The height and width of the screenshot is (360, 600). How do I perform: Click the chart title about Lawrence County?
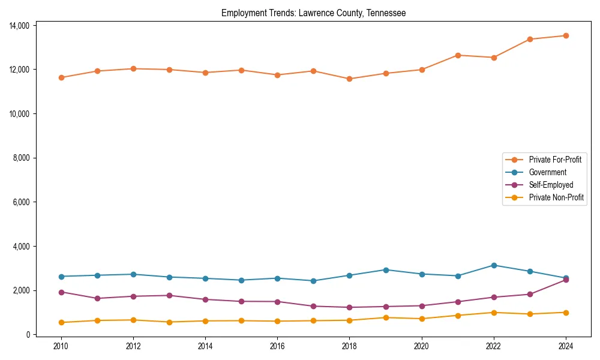click(x=313, y=13)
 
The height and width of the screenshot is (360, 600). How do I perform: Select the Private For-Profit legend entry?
click(x=554, y=160)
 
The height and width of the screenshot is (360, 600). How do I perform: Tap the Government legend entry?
click(x=547, y=172)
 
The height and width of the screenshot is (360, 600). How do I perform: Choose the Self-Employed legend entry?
click(x=551, y=185)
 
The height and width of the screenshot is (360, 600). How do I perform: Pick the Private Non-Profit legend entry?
click(x=556, y=197)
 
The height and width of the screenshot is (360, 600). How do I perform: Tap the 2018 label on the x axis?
click(x=349, y=346)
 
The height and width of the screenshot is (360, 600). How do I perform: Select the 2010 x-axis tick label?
click(x=61, y=346)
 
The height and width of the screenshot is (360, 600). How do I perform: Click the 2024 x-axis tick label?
click(x=566, y=346)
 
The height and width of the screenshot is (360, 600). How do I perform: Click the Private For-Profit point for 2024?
click(x=566, y=35)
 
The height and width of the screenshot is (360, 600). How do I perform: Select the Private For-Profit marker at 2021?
click(x=458, y=55)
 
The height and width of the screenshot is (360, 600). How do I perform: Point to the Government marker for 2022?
click(x=494, y=265)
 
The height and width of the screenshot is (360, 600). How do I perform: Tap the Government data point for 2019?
click(x=386, y=270)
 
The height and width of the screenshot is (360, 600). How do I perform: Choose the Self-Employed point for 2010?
click(x=61, y=292)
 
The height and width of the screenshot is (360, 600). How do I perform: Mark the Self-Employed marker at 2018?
click(x=349, y=307)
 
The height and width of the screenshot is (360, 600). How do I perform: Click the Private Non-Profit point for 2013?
click(x=169, y=322)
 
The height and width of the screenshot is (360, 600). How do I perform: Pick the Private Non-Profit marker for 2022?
click(x=494, y=313)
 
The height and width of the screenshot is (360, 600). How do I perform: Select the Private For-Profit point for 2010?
click(x=61, y=77)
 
